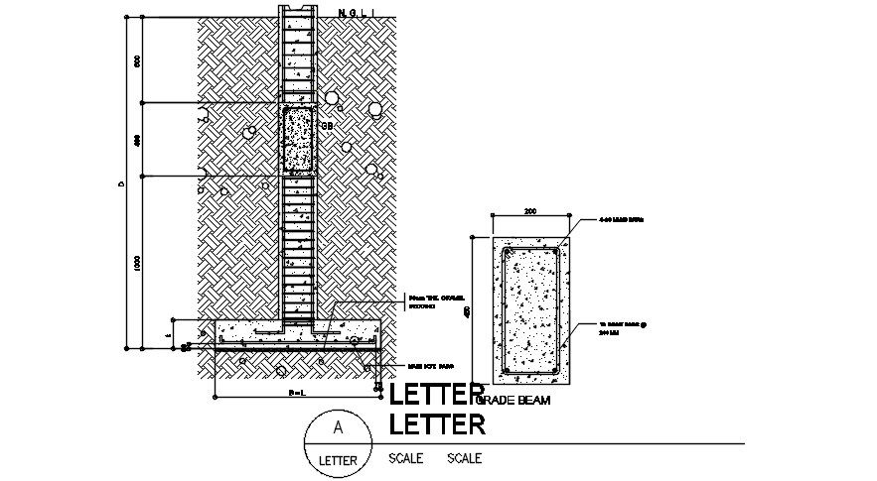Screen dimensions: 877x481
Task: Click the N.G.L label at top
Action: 356,13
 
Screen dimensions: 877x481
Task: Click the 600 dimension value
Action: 137,61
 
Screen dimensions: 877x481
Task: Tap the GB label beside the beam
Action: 326,126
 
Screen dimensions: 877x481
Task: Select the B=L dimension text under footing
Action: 296,394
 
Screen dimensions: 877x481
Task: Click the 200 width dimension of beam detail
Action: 529,211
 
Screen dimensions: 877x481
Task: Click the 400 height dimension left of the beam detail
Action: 468,311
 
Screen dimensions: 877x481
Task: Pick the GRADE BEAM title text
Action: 514,400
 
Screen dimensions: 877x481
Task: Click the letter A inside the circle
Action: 338,427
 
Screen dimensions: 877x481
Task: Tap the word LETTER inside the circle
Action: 338,460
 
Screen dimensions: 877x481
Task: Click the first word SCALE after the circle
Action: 405,458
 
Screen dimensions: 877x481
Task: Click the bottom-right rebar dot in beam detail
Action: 556,372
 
